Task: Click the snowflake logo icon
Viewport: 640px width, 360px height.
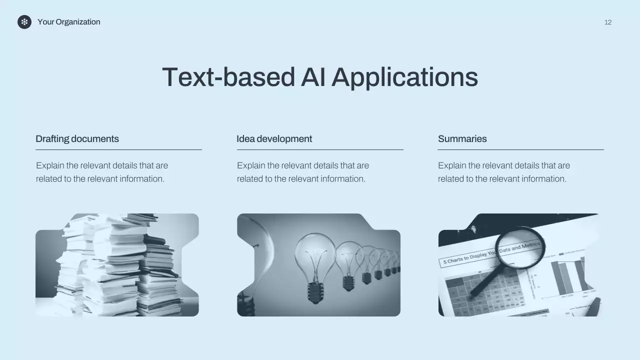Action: tap(24, 22)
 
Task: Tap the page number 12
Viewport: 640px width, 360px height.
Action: tap(608, 22)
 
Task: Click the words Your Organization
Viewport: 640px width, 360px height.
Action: tap(68, 22)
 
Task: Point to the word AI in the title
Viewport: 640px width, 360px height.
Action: tap(313, 77)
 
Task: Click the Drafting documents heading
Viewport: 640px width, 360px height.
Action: tap(77, 139)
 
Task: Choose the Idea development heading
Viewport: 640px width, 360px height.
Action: tap(274, 139)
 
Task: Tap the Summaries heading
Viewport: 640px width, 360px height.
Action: tap(462, 139)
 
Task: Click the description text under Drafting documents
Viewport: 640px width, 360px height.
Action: tap(101, 172)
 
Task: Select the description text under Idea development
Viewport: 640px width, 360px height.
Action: tap(302, 172)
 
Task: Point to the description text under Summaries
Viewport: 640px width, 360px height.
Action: tap(503, 172)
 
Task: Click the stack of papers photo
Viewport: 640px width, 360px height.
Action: tap(117, 265)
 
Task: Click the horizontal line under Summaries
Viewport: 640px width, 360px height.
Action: tap(520, 149)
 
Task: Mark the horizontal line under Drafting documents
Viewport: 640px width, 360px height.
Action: tap(118, 149)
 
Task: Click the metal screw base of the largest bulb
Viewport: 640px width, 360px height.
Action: tap(315, 292)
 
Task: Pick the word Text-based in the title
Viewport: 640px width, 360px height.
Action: tap(228, 77)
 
